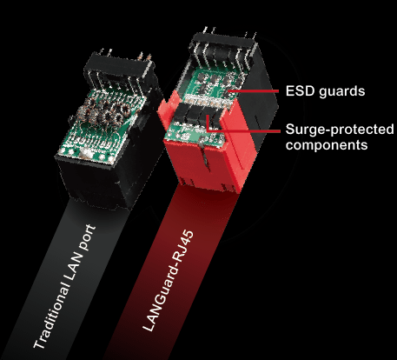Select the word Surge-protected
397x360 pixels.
pyautogui.click(x=340, y=130)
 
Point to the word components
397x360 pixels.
pyautogui.click(x=327, y=144)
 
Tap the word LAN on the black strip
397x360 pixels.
pyautogui.click(x=75, y=266)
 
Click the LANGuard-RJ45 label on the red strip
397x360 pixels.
pyautogui.click(x=169, y=281)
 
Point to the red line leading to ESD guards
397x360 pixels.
pyautogui.click(x=253, y=91)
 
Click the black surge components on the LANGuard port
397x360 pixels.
pyautogui.click(x=196, y=117)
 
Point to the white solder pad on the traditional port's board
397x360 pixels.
pyautogui.click(x=86, y=153)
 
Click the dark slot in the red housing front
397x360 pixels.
pyautogui.click(x=205, y=156)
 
